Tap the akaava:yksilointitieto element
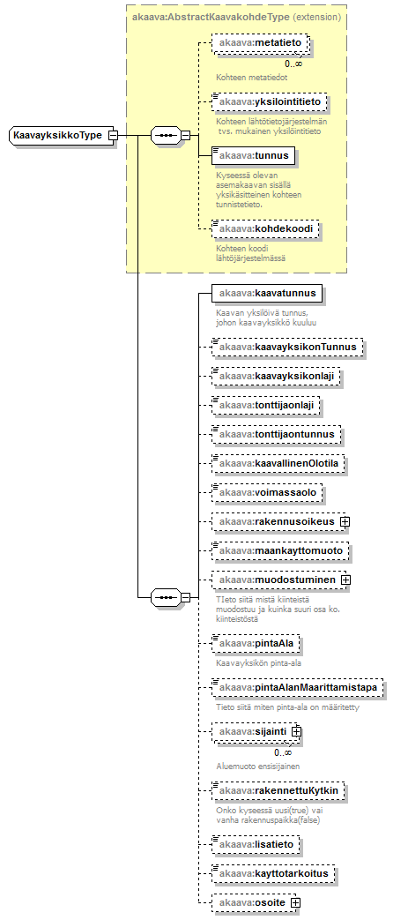(269, 102)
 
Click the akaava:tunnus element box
(253, 155)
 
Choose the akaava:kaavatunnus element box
(267, 294)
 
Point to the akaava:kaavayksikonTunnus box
(287, 348)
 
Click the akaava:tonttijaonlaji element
(266, 405)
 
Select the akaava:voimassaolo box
(267, 493)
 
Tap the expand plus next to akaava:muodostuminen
(345, 580)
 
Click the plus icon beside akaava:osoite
(295, 902)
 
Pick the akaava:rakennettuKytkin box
(278, 791)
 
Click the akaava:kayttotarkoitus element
(274, 874)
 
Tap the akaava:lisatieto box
(256, 845)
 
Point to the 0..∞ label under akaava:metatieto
(293, 64)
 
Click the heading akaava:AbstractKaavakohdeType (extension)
(236, 17)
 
